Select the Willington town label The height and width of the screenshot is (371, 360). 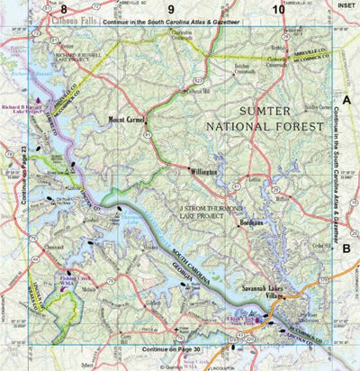(203, 170)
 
